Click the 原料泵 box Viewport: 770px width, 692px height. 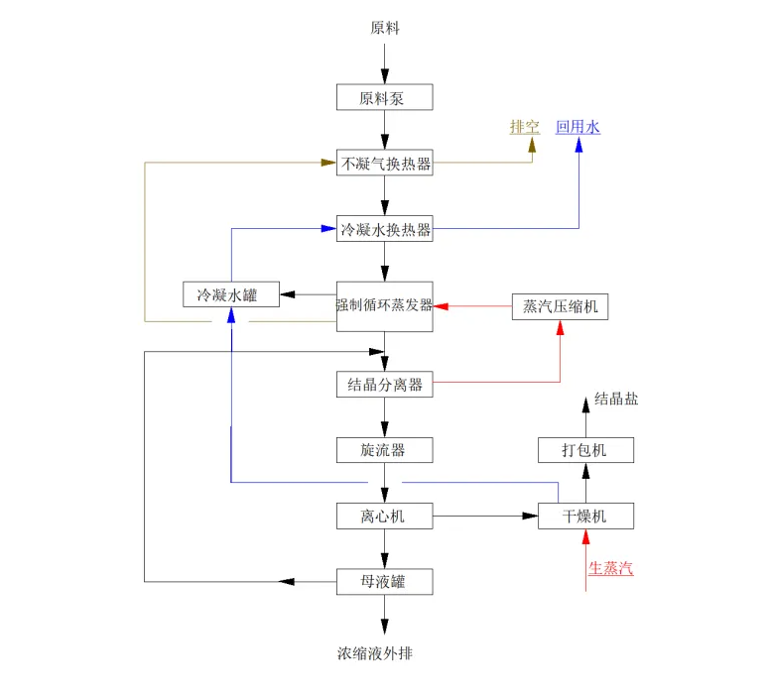(x=385, y=97)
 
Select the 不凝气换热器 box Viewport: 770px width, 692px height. (x=385, y=163)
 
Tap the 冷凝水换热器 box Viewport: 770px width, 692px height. (x=385, y=228)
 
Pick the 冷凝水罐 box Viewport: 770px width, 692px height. (x=231, y=294)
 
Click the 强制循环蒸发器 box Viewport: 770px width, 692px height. (x=385, y=306)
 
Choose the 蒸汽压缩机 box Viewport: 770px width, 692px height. (x=560, y=306)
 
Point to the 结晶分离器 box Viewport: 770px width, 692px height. (x=385, y=385)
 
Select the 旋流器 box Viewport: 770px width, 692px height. (x=385, y=450)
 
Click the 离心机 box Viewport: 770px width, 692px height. (x=385, y=516)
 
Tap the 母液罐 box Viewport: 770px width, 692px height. (x=385, y=582)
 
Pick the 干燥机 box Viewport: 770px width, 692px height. (x=585, y=516)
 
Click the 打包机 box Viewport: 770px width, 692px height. (x=585, y=450)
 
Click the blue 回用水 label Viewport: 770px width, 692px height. (x=577, y=127)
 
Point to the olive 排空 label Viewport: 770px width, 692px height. (x=525, y=127)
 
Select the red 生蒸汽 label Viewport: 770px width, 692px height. (x=611, y=568)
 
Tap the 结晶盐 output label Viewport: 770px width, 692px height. (x=616, y=399)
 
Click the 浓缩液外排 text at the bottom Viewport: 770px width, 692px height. (x=375, y=653)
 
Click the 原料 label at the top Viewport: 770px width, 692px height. (x=385, y=28)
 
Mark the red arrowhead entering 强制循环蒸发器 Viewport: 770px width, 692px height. (x=441, y=306)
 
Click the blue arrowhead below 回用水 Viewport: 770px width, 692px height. (x=578, y=145)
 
